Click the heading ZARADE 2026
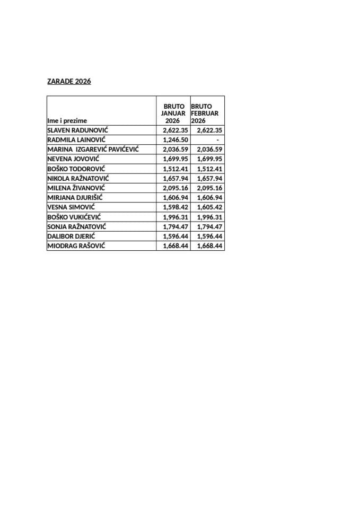pyautogui.click(x=69, y=82)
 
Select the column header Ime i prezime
pyautogui.click(x=67, y=121)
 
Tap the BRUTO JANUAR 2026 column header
pyautogui.click(x=173, y=113)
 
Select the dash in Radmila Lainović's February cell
pyautogui.click(x=217, y=140)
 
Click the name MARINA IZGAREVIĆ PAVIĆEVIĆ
pyautogui.click(x=93, y=150)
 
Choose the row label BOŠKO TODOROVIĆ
pyautogui.click(x=76, y=169)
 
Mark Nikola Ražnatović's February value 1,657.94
pyautogui.click(x=209, y=178)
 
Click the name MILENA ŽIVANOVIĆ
pyautogui.click(x=76, y=188)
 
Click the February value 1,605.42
pyautogui.click(x=209, y=207)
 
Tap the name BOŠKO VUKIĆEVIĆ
pyautogui.click(x=74, y=217)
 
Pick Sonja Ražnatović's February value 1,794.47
pyautogui.click(x=209, y=226)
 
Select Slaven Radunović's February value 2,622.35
pyautogui.click(x=209, y=130)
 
